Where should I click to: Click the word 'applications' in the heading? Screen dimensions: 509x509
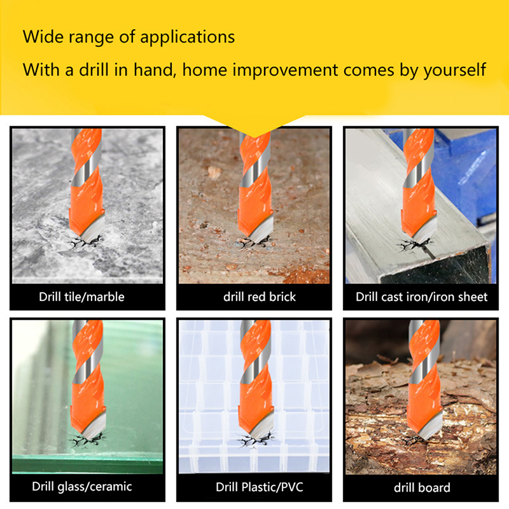[187, 38]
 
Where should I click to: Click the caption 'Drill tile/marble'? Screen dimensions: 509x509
[81, 296]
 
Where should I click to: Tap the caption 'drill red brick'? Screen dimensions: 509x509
[260, 296]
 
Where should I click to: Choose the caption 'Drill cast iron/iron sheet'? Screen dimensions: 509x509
[421, 296]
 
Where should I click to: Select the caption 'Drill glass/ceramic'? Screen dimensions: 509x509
[82, 486]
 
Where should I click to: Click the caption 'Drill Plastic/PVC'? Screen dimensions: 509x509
[260, 487]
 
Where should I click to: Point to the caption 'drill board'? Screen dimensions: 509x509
[422, 487]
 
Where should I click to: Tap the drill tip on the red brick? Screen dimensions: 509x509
[256, 241]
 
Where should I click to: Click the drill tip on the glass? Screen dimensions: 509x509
[87, 436]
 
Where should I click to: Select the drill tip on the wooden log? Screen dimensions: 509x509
[425, 436]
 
